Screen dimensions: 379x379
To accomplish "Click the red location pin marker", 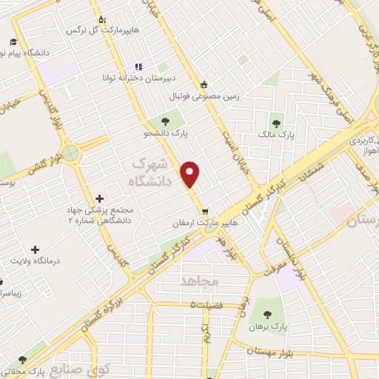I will [x=191, y=173].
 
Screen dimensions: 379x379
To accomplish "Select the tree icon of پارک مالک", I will [x=277, y=123].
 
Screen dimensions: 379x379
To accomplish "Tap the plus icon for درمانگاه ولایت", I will [x=34, y=249].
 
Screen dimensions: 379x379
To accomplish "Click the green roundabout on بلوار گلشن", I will [x=71, y=155].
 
